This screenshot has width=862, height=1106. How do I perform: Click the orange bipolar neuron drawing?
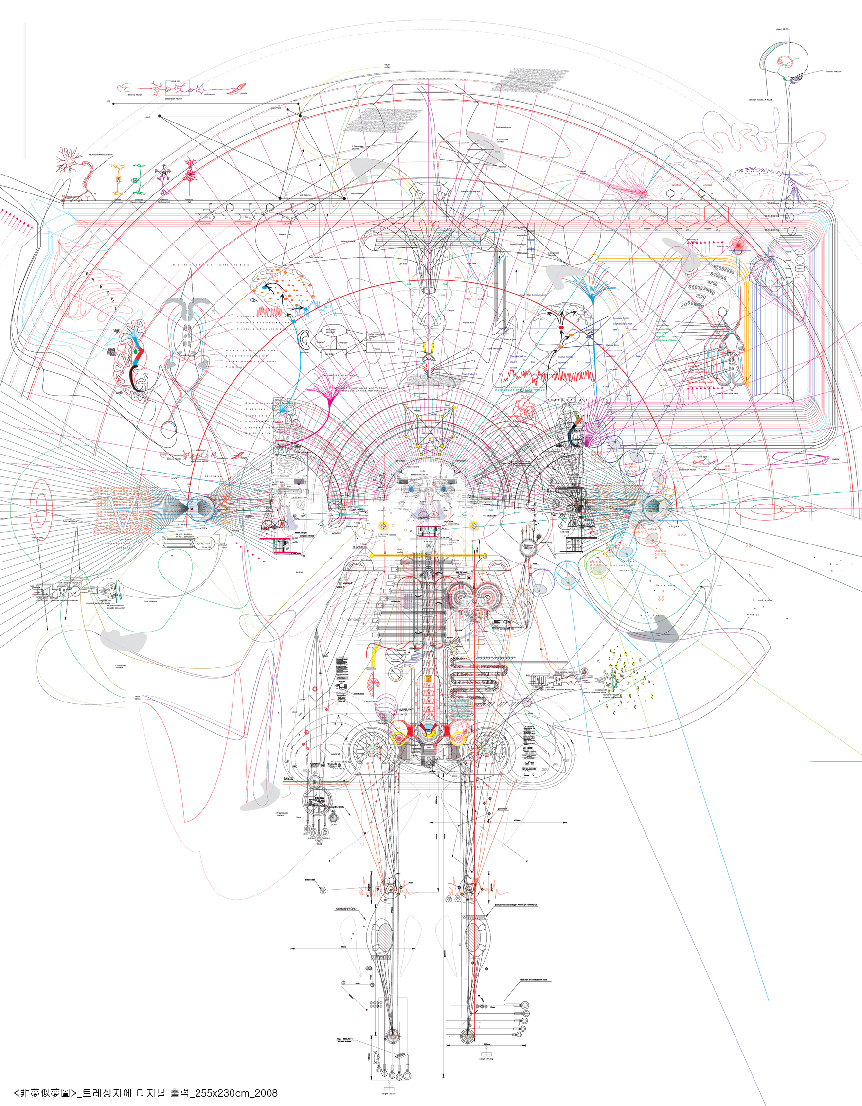tap(118, 179)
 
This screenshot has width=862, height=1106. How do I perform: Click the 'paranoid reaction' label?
tap(833, 72)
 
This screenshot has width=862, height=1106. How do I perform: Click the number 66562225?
tap(724, 269)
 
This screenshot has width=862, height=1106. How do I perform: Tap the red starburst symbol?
tap(739, 245)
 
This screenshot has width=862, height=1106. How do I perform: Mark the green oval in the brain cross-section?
tap(136, 351)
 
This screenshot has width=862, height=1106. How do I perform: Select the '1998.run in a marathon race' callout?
tap(533, 980)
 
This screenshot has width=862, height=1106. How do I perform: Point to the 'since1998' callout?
tap(310, 879)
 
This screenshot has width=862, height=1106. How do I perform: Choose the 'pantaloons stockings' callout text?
tap(516, 904)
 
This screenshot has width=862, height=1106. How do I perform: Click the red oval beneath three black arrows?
tap(561, 328)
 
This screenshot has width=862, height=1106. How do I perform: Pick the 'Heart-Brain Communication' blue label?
tap(533, 295)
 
